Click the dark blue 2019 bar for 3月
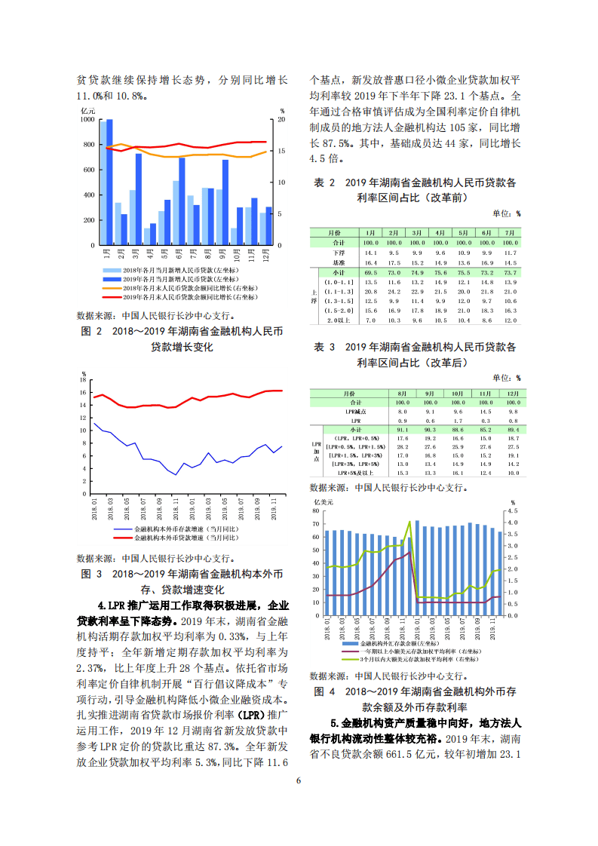[x=139, y=199]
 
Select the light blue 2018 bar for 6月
[x=176, y=213]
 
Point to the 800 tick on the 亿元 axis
[x=89, y=145]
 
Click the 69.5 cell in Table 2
[x=370, y=272]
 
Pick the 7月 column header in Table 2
[x=510, y=233]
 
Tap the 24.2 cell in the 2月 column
[x=394, y=291]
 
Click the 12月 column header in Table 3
[x=513, y=394]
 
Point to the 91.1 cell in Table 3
[x=402, y=429]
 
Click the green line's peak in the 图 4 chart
[x=409, y=521]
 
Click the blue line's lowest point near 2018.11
[x=176, y=474]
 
